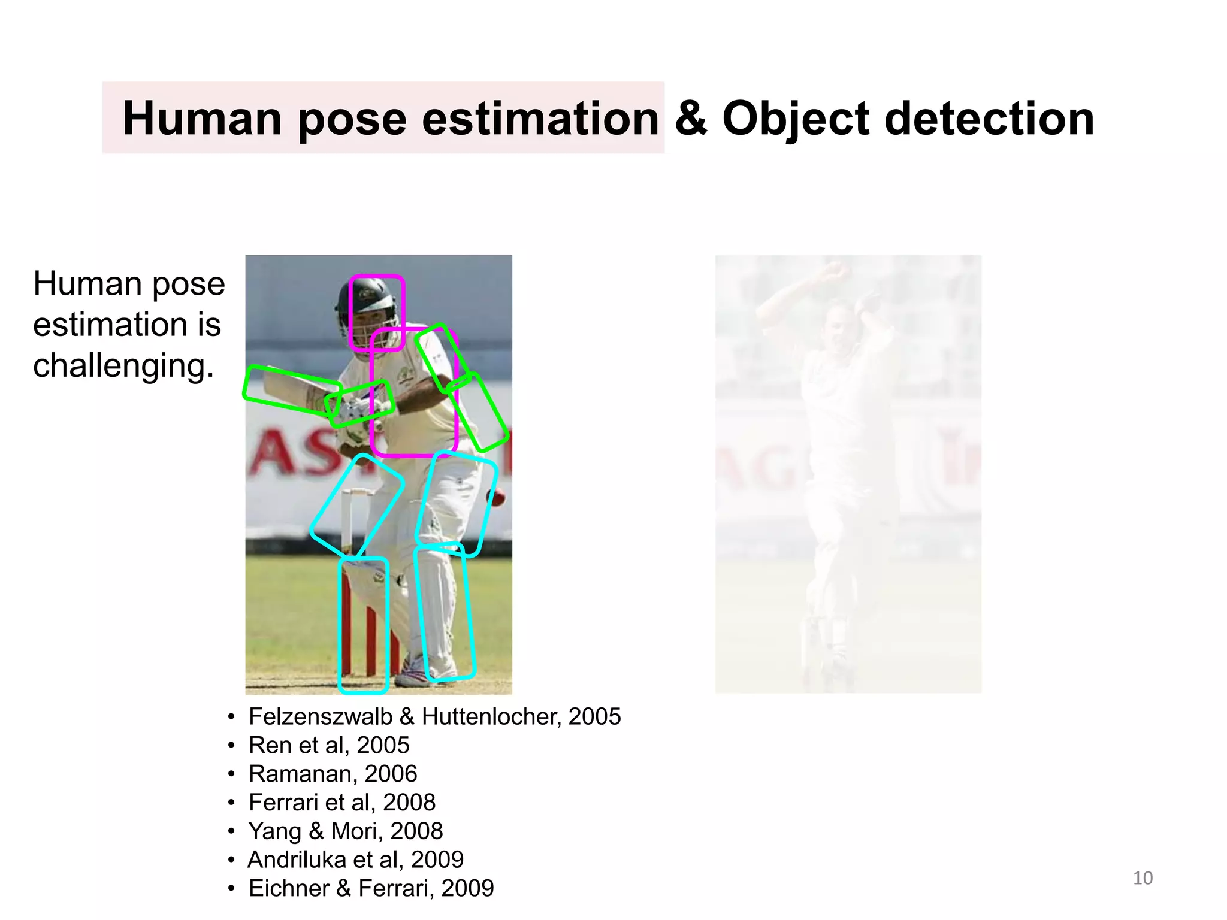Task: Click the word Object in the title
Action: click(796, 119)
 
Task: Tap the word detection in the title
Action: click(989, 119)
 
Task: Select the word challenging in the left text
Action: click(123, 365)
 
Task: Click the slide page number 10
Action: click(1143, 878)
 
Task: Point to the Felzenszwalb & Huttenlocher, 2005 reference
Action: click(434, 716)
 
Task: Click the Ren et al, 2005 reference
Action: click(329, 745)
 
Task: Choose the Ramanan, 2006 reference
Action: click(333, 774)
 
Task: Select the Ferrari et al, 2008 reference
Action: click(342, 803)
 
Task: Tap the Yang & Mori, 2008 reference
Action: click(346, 831)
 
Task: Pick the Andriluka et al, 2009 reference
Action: click(356, 860)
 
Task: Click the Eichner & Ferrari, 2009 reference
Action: click(371, 888)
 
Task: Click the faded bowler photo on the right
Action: click(848, 473)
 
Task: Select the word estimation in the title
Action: click(540, 119)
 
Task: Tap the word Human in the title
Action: click(202, 119)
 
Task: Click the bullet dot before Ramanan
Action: click(231, 774)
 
